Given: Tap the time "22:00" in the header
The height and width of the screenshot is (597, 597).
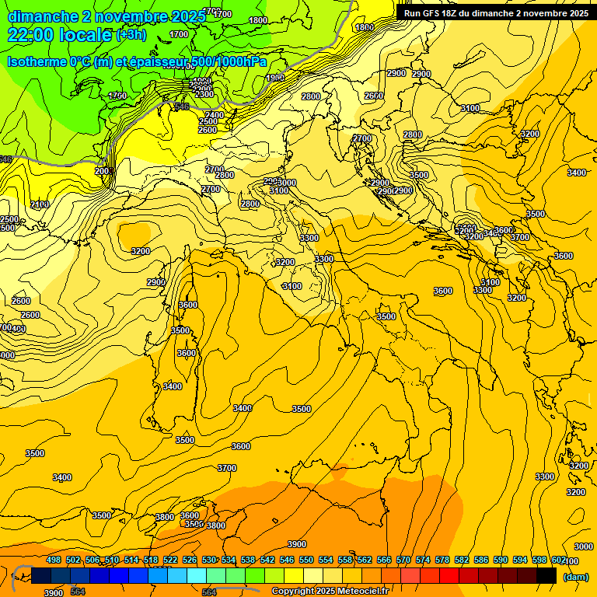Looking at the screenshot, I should pyautogui.click(x=31, y=35).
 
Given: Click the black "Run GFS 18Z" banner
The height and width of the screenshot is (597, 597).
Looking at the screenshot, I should pyautogui.click(x=495, y=12).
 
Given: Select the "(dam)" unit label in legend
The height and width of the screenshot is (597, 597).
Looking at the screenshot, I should pyautogui.click(x=575, y=576).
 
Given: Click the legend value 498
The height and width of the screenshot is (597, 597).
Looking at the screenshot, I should pyautogui.click(x=54, y=560).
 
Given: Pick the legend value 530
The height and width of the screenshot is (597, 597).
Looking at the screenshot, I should pyautogui.click(x=209, y=560).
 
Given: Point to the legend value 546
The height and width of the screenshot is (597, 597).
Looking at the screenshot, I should pyautogui.click(x=287, y=560).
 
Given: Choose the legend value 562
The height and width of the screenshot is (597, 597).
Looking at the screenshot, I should pyautogui.click(x=364, y=560).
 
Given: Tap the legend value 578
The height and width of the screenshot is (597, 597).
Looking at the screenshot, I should pyautogui.click(x=442, y=560).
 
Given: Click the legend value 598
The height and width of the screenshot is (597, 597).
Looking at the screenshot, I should pyautogui.click(x=539, y=560).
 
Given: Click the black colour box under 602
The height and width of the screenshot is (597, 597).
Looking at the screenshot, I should pyautogui.click(x=546, y=575).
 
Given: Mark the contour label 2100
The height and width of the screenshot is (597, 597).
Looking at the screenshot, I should pyautogui.click(x=39, y=204).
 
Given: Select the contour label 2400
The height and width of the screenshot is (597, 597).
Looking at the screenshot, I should pyautogui.click(x=215, y=115).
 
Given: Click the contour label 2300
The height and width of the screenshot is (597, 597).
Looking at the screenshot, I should pyautogui.click(x=204, y=94).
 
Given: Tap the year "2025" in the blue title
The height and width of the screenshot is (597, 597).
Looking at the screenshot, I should pyautogui.click(x=188, y=16).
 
